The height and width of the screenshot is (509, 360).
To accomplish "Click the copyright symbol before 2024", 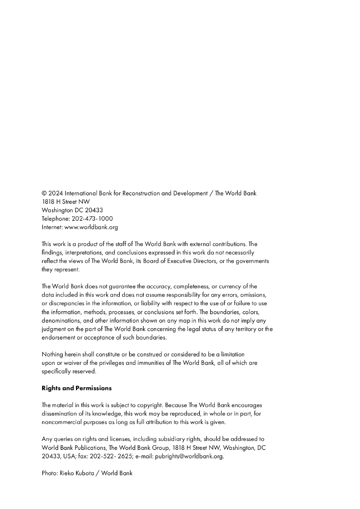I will point(44,193).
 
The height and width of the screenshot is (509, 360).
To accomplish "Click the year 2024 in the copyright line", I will point(56,193).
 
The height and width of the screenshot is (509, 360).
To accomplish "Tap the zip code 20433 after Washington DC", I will point(94,210).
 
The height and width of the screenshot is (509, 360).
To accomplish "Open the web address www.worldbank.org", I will point(91,227).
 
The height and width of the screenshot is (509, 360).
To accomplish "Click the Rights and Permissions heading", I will point(77,388).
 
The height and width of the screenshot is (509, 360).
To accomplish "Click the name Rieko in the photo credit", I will point(68,474).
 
